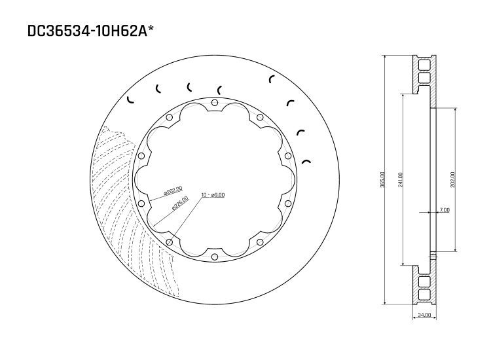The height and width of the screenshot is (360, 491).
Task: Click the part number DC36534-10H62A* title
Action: (91, 31)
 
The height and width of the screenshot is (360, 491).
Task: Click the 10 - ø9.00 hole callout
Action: (213, 195)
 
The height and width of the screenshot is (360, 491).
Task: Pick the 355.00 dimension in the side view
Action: (383, 180)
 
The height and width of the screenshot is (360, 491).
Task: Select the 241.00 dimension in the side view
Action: (400, 180)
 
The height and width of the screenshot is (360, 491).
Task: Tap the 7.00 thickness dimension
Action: (445, 210)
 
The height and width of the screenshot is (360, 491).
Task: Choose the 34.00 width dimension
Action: (424, 315)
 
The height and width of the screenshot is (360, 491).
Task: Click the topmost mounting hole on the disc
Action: (215, 103)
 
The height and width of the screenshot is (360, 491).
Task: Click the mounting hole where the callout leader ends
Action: (170, 242)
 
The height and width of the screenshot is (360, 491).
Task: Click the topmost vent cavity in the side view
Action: (424, 64)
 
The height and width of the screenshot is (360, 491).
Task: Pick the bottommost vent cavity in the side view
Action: (424, 296)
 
